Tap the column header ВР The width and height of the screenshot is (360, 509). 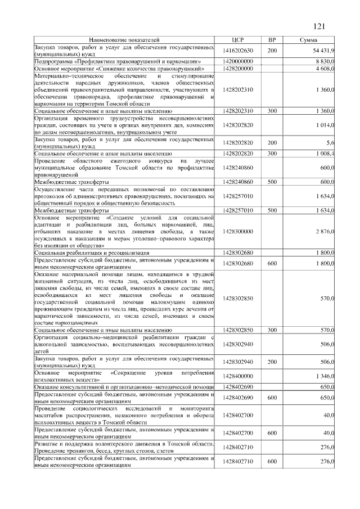click(x=272, y=40)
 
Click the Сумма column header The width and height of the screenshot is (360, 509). click(x=308, y=40)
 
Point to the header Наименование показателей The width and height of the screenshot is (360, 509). click(x=124, y=40)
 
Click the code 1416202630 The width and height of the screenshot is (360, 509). click(x=237, y=51)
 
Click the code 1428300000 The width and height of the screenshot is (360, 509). click(x=237, y=231)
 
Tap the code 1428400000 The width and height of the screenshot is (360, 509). click(x=237, y=376)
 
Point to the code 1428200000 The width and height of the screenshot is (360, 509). click(x=237, y=68)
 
